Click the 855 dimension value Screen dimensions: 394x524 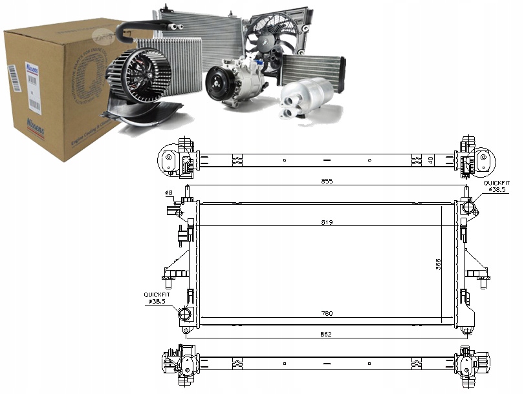pos(327,181)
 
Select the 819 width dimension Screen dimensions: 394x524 pos(327,222)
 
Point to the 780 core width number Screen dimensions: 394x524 pos(327,314)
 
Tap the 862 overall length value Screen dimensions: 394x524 pos(327,333)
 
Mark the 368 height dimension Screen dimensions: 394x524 pos(438,264)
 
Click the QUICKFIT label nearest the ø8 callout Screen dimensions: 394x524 pos(156,295)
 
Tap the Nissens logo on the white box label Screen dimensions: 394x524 pos(32,67)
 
